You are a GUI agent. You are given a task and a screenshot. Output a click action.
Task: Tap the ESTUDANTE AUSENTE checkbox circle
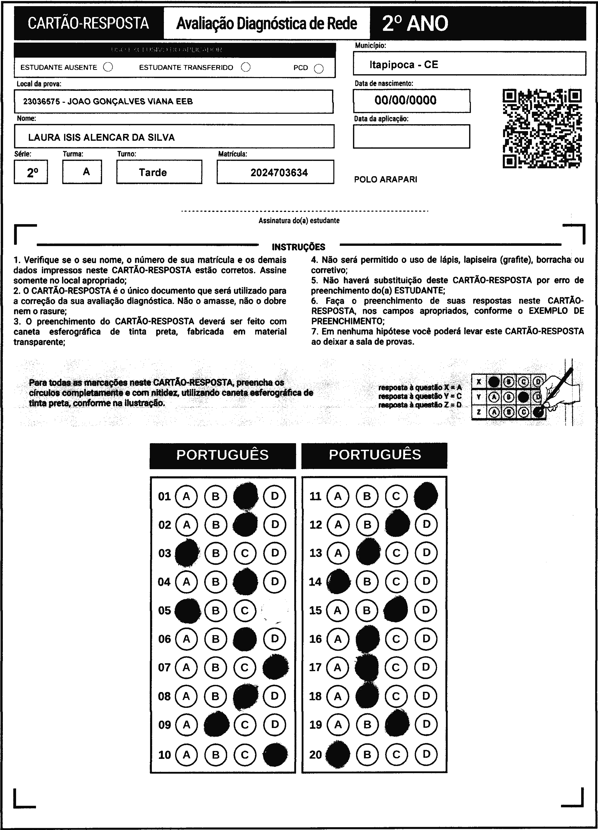108,67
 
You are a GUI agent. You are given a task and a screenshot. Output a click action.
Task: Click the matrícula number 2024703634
279,173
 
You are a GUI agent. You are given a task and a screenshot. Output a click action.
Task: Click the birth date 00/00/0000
405,100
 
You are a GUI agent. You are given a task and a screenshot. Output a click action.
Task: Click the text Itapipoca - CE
404,65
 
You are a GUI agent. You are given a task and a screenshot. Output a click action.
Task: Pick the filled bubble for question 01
245,496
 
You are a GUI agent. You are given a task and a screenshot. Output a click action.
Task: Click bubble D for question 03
275,553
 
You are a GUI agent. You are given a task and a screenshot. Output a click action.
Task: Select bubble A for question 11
338,496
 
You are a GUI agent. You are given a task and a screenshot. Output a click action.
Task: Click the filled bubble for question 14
338,582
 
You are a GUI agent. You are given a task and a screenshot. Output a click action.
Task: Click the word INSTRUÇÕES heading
298,247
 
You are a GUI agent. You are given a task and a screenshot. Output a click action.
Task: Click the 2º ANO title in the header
415,23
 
